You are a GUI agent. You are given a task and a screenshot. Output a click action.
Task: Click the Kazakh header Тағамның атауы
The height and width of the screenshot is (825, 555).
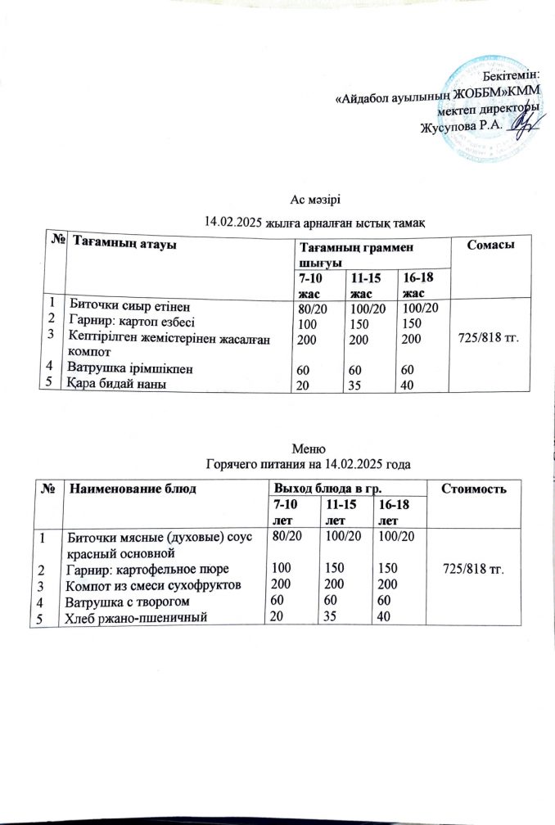point(125,241)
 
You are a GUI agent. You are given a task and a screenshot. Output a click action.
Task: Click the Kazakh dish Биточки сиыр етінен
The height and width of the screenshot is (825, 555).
point(129,307)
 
